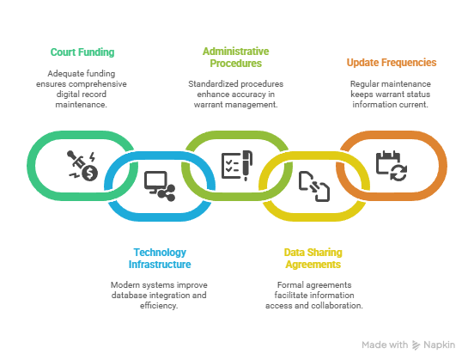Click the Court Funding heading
tap(82, 52)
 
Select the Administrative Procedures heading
tap(236, 58)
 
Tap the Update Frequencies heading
tap(392, 63)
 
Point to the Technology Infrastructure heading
tap(160, 259)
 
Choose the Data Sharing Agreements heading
tap(313, 259)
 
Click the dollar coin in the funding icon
tap(90, 173)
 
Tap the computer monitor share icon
tap(160, 186)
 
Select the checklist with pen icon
tap(237, 165)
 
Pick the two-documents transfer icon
tap(314, 186)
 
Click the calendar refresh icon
tap(392, 166)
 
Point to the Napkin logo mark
tap(416, 345)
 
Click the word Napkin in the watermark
tap(440, 345)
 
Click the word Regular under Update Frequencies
tap(361, 84)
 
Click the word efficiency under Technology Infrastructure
tap(159, 306)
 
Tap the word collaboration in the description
tap(337, 306)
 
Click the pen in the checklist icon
tap(247, 165)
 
